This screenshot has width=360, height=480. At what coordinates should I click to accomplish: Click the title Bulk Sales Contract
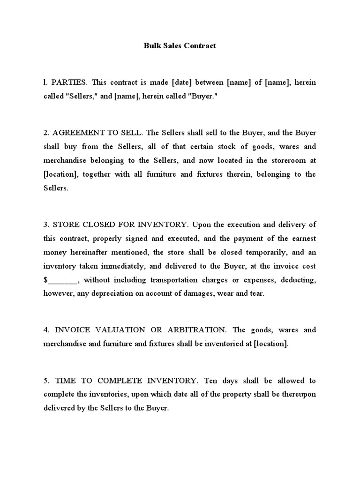click(x=180, y=46)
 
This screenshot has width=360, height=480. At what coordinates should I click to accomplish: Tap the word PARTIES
click(x=69, y=82)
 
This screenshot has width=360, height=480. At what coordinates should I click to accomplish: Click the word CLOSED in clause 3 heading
click(x=96, y=225)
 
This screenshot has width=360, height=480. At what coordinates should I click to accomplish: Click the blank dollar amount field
click(x=62, y=280)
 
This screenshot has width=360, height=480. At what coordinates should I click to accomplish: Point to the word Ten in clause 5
click(x=206, y=380)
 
